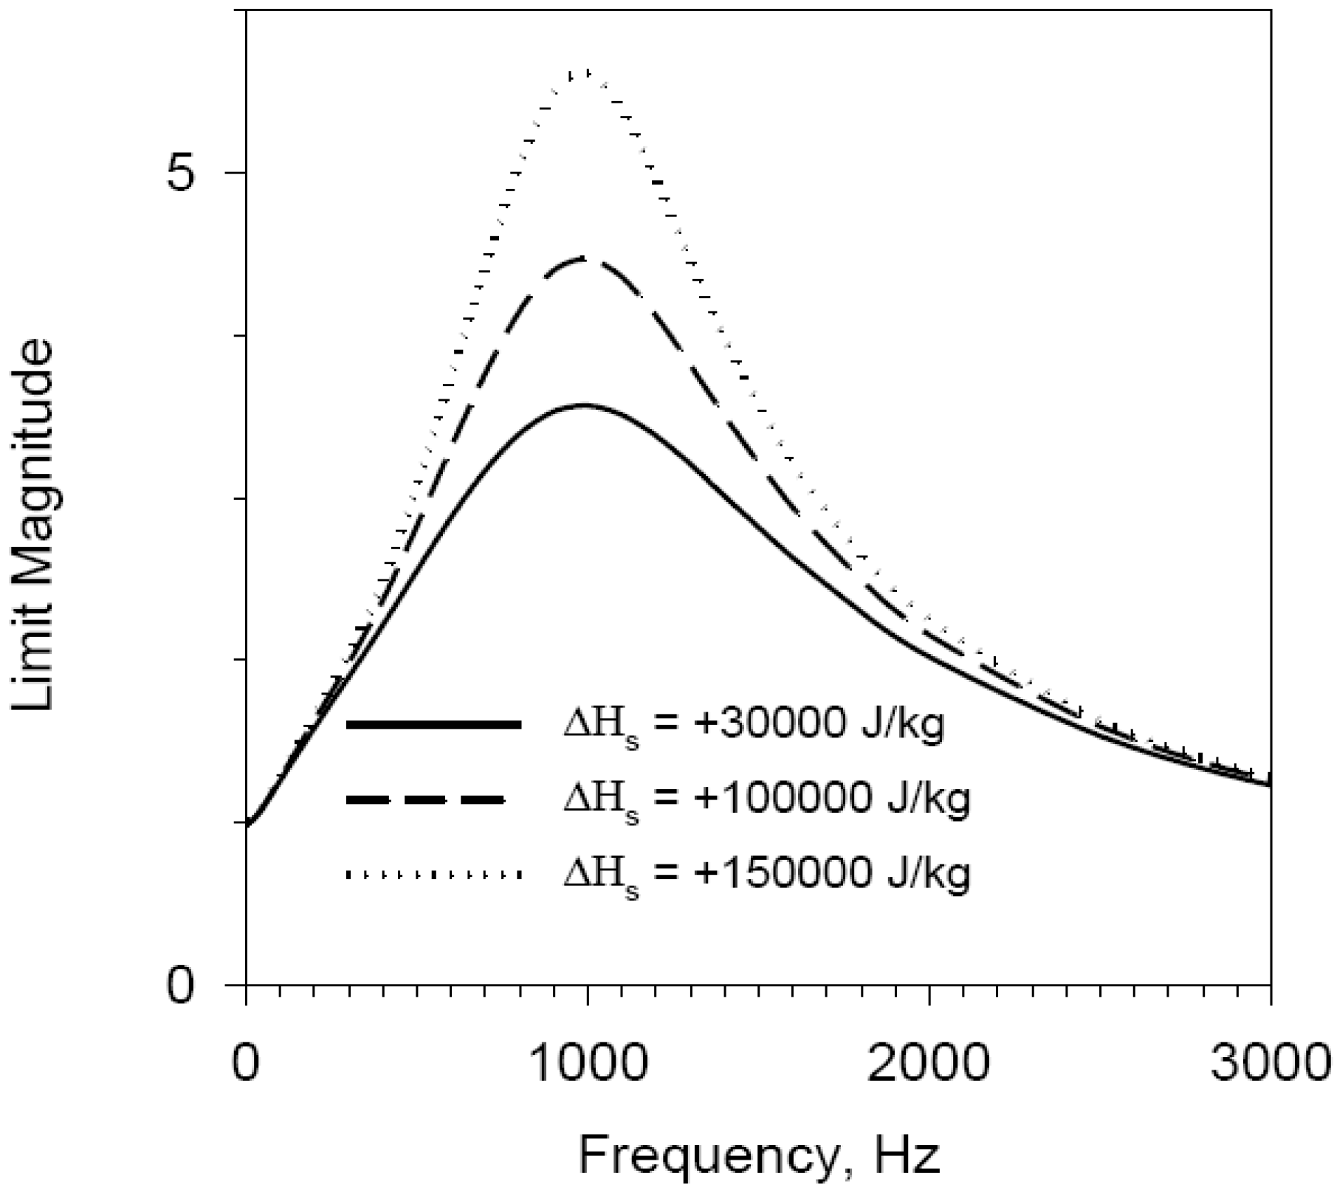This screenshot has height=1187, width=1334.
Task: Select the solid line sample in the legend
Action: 434,725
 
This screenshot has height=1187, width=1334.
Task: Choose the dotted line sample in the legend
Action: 434,875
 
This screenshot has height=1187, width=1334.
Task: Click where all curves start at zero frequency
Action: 247,825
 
